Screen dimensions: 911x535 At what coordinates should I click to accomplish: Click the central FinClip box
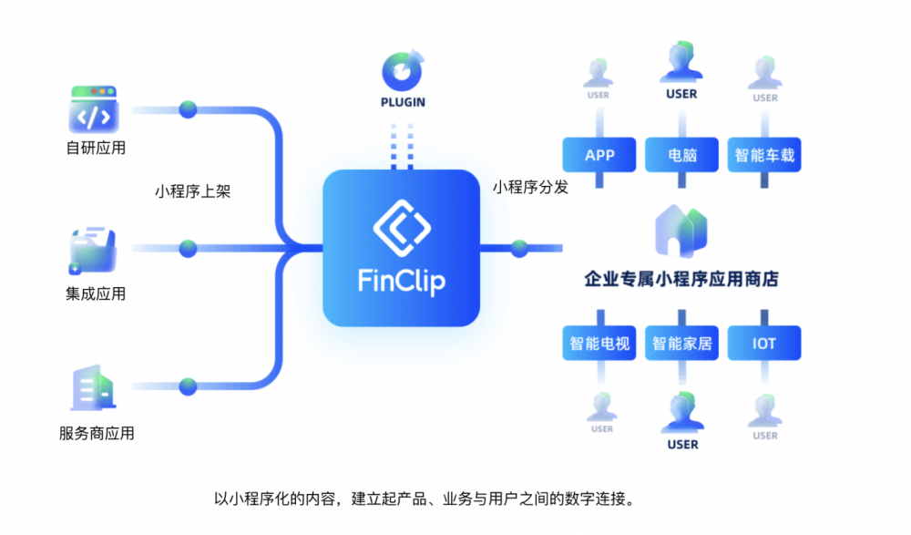coord(402,248)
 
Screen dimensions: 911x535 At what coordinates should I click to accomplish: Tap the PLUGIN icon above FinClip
coord(403,70)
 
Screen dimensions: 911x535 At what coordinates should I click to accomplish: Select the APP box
coord(599,155)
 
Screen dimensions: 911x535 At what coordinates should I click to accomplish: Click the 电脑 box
coord(681,155)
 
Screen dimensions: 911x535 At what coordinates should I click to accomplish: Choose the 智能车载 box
coord(764,155)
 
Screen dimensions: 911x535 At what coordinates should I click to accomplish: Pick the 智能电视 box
coord(599,343)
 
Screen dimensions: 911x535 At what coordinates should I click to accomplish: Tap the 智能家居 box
coord(681,343)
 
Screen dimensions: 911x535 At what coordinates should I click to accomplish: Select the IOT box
coord(764,343)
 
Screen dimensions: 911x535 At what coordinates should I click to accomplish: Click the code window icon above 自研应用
coord(94,109)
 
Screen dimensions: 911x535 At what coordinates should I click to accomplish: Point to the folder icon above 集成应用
coord(93,250)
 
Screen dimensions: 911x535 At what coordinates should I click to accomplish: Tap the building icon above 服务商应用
coord(93,387)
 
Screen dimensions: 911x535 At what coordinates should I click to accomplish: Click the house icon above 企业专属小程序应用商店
coord(681,231)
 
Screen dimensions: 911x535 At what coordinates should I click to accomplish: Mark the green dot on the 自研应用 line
coord(188,109)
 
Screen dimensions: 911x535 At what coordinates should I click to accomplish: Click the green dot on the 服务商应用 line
coord(188,386)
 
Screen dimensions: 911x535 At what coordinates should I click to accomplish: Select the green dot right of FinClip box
coord(519,248)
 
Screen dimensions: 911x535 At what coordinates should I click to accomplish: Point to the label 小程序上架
coord(193,191)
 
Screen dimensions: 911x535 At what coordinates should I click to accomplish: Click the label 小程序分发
coord(530,187)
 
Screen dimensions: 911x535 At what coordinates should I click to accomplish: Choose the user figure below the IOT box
coord(764,410)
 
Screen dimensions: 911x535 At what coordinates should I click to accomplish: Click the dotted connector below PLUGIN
coord(402,146)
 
